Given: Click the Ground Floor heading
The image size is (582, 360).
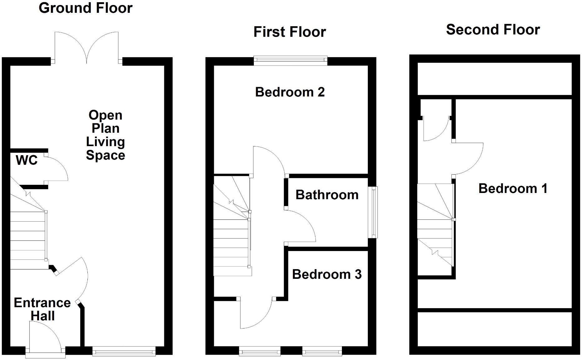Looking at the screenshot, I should (x=86, y=8).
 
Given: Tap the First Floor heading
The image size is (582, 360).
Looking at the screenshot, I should (x=289, y=32).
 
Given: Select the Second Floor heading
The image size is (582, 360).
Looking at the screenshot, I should (x=493, y=30).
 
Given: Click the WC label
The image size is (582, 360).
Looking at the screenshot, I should (x=27, y=160).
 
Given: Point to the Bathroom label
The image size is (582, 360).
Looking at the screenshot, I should (x=327, y=195).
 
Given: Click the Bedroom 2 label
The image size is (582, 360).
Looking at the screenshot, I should (x=290, y=92).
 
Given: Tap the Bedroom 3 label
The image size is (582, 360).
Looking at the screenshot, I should (x=327, y=274).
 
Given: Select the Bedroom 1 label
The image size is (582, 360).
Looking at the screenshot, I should (x=513, y=189).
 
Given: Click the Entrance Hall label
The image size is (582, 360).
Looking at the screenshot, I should (x=42, y=309).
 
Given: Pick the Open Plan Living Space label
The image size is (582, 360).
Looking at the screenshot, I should (x=106, y=135).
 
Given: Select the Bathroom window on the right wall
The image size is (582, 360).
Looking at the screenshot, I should (x=373, y=212).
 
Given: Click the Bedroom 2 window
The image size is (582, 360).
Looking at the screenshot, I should (x=290, y=61).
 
